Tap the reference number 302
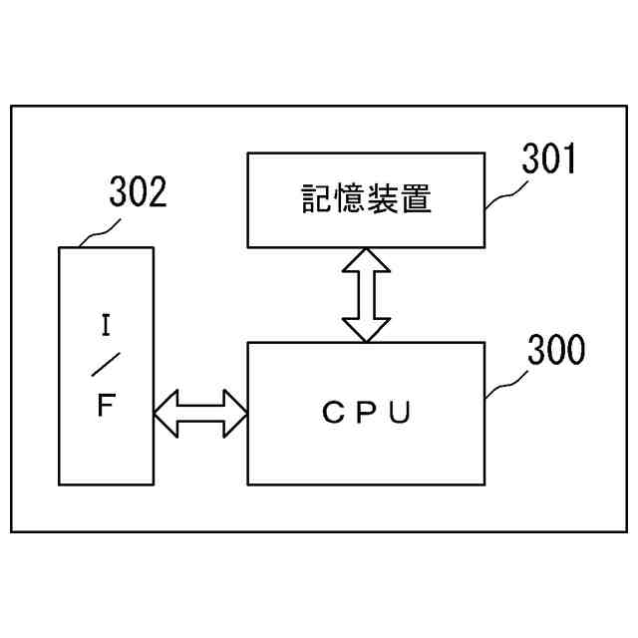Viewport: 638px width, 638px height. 137,192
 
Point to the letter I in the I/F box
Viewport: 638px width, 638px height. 106,324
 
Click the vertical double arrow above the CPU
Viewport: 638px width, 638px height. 366,294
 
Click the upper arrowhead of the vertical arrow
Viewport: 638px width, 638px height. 366,260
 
